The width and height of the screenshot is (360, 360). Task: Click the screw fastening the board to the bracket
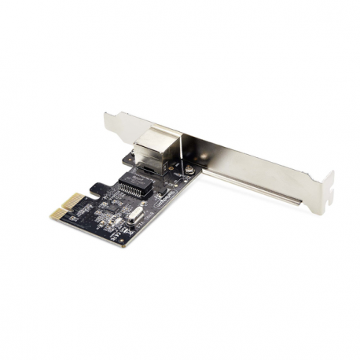click(x=188, y=167)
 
